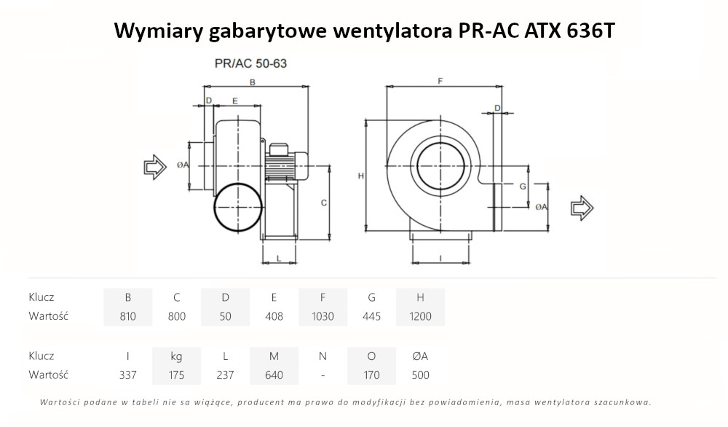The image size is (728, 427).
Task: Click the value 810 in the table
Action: pyautogui.click(x=128, y=316)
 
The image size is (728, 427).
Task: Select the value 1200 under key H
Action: pyautogui.click(x=420, y=316)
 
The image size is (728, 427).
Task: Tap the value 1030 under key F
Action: pyautogui.click(x=323, y=316)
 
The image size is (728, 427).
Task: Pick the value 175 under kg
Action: pyautogui.click(x=176, y=375)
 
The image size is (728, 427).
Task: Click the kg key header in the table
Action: pyautogui.click(x=176, y=356)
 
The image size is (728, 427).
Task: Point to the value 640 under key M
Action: pyautogui.click(x=274, y=375)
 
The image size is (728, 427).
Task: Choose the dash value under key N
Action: pyautogui.click(x=323, y=375)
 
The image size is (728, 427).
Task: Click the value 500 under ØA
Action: pyautogui.click(x=420, y=375)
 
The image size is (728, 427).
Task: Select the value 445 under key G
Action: pyautogui.click(x=371, y=316)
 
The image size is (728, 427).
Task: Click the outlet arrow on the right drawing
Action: pyautogui.click(x=582, y=208)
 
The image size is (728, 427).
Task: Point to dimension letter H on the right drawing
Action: pyautogui.click(x=361, y=176)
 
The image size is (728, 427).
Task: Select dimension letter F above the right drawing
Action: pyautogui.click(x=440, y=81)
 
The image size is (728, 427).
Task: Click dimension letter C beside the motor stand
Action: pyautogui.click(x=323, y=202)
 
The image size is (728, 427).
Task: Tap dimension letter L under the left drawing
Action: pyautogui.click(x=280, y=259)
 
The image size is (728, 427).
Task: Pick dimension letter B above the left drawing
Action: pyautogui.click(x=252, y=82)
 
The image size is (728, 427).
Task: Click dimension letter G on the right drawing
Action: pyautogui.click(x=523, y=187)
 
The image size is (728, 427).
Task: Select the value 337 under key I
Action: pyautogui.click(x=128, y=375)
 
